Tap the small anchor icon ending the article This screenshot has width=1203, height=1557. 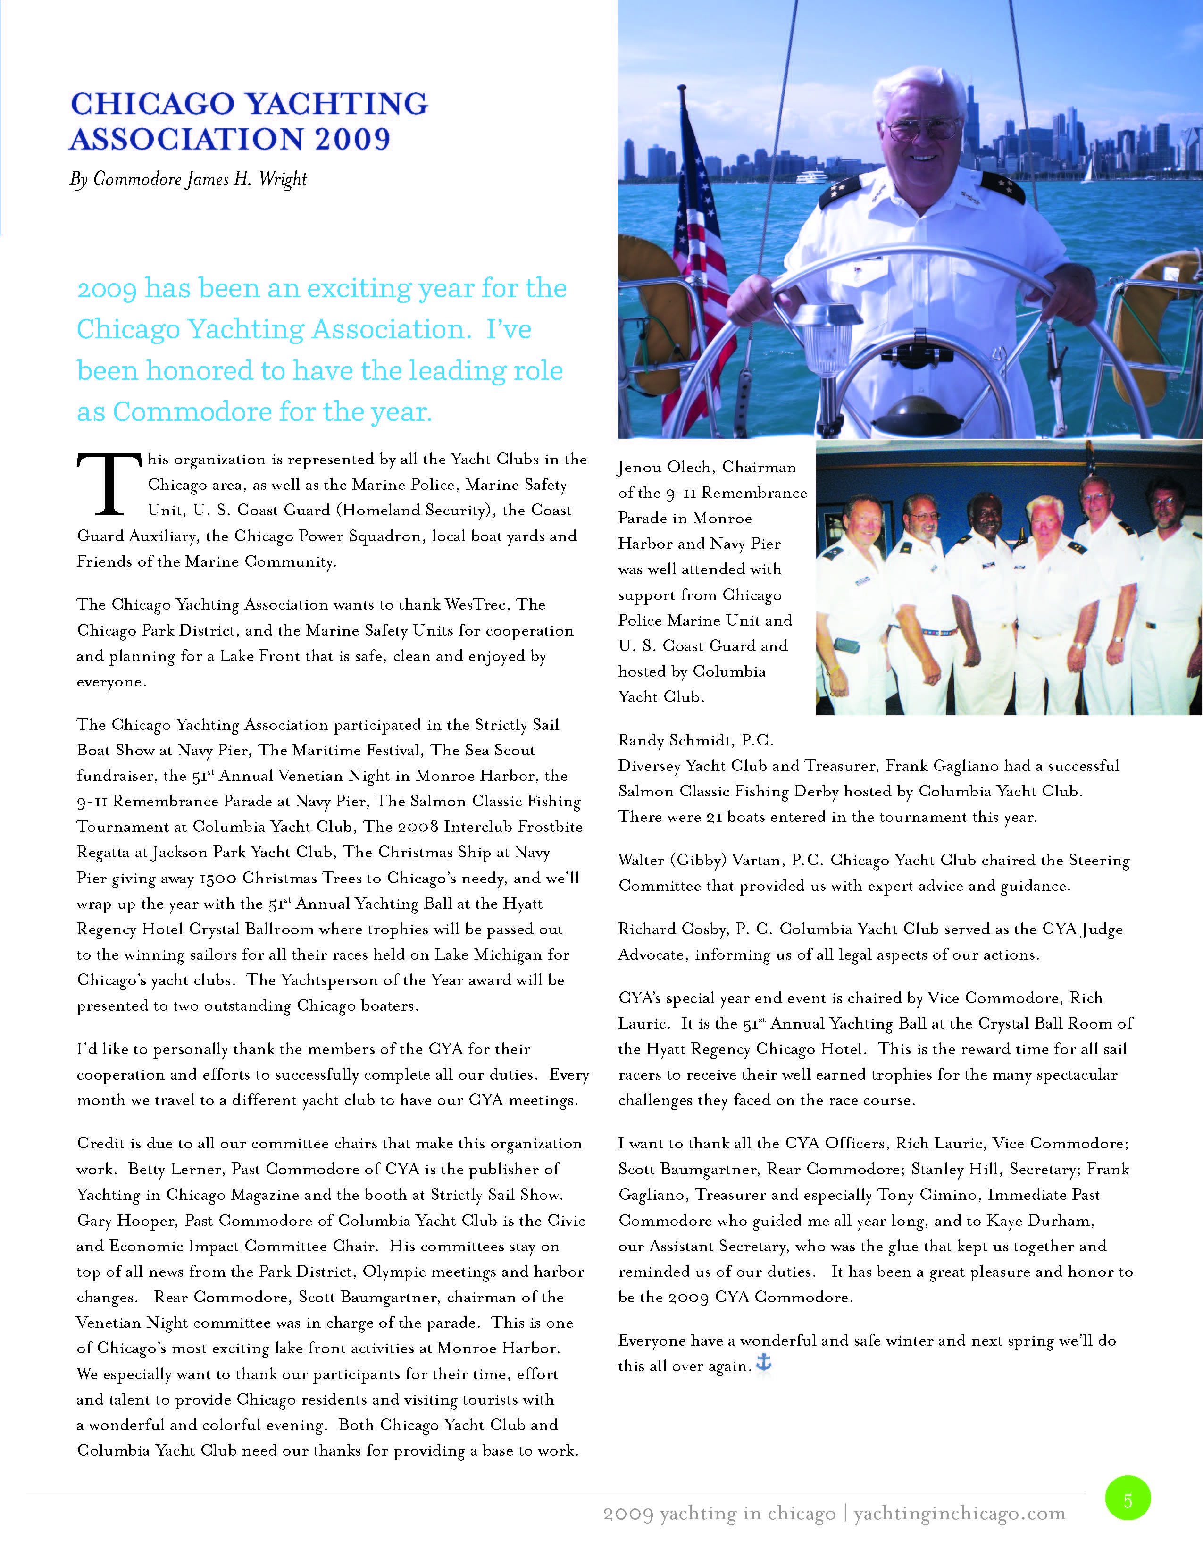pos(763,1363)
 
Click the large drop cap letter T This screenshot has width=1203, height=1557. pos(109,484)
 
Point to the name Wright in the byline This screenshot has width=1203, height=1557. pos(283,179)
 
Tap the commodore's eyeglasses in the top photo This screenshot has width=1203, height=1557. pos(923,129)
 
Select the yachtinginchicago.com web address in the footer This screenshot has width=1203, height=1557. pos(959,1513)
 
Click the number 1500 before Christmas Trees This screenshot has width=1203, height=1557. pos(217,879)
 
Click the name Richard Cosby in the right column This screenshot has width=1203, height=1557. pos(674,929)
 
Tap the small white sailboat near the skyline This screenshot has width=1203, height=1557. pos(1087,171)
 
